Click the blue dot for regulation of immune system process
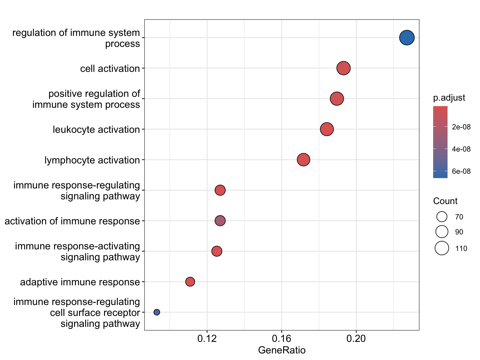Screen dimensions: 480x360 click(407, 37)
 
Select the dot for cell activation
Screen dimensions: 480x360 click(343, 68)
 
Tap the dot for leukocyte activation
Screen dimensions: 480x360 click(327, 129)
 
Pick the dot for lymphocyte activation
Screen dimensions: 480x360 click(303, 160)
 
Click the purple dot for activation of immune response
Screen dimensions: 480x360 click(220, 221)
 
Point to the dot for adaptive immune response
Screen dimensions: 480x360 click(190, 282)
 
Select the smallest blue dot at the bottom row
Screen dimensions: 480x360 click(157, 312)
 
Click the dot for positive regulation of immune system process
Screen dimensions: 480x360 click(337, 98)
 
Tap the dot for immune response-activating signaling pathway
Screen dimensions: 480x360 click(217, 251)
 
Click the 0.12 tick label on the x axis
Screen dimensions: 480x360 click(207, 338)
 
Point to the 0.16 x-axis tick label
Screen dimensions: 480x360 click(282, 338)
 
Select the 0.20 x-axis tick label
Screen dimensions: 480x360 click(356, 338)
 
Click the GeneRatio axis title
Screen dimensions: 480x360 click(282, 350)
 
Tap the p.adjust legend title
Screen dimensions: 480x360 click(449, 98)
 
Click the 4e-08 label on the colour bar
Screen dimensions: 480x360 click(461, 149)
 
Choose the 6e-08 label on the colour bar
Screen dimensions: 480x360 click(461, 171)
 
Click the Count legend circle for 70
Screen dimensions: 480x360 click(442, 217)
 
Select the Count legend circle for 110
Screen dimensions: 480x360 click(442, 248)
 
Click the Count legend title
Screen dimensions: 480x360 click(445, 201)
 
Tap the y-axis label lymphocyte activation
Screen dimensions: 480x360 click(92, 160)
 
